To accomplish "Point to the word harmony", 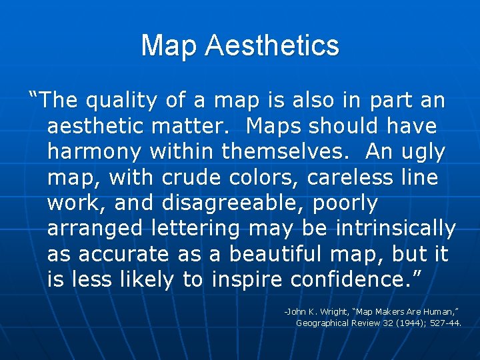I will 94,152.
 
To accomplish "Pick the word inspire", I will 248,279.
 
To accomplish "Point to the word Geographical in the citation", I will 322,323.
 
